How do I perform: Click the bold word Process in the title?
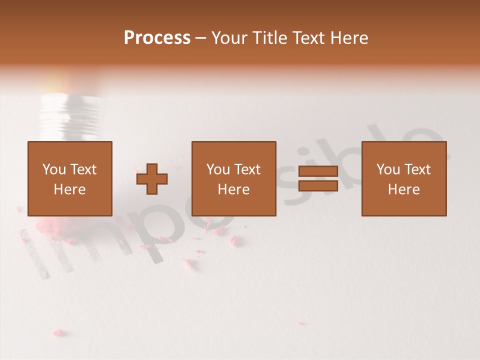[157, 38]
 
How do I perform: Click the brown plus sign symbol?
[152, 179]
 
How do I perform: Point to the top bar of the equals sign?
[318, 171]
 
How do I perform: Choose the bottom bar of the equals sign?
[318, 186]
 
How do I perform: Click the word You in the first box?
[54, 169]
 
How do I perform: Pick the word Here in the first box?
[69, 189]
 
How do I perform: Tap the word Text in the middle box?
[248, 169]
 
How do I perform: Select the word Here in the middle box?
[233, 189]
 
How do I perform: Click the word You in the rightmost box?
[388, 169]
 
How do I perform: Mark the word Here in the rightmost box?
[403, 189]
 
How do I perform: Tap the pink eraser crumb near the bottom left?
[58, 332]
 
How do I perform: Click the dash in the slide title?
[201, 38]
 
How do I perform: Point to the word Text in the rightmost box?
[418, 169]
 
